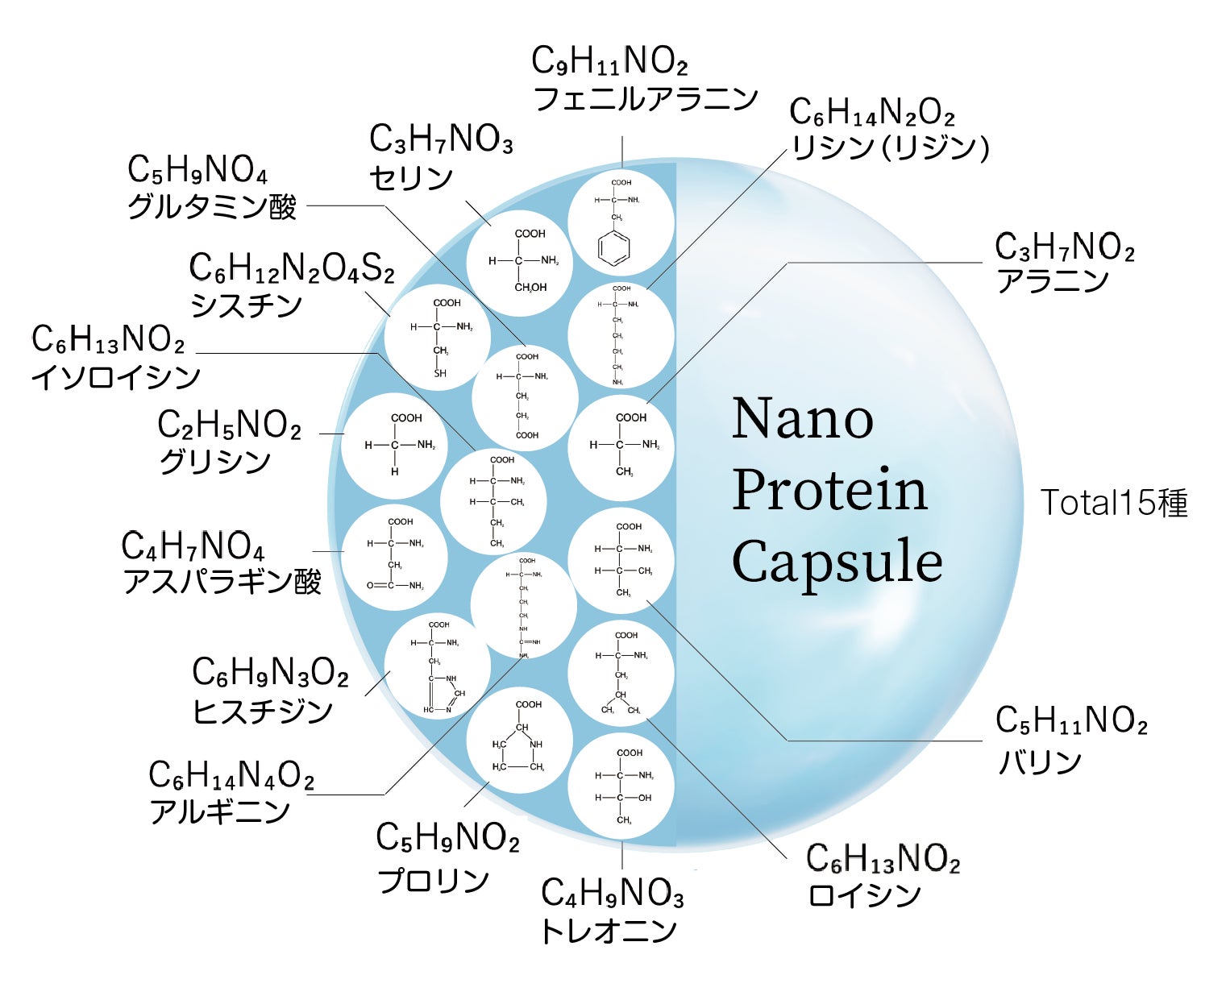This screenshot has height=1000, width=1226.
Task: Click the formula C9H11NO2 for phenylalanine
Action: (x=609, y=61)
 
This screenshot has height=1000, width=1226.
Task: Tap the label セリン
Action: (x=411, y=178)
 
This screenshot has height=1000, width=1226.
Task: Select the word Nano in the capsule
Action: (x=802, y=419)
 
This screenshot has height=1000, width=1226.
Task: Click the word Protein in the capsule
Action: (x=829, y=490)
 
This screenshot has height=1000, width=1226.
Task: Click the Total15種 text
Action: (x=1113, y=503)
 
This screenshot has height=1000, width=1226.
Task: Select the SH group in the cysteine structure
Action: (x=440, y=374)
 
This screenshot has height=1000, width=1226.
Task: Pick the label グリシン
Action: (x=214, y=462)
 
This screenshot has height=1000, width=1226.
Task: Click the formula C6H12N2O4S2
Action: (x=292, y=268)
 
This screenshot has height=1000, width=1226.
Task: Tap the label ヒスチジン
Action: (x=263, y=711)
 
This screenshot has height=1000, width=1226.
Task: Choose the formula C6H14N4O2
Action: (x=231, y=776)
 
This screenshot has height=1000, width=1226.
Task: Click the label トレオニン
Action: (x=609, y=931)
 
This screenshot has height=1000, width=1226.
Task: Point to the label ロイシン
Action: (x=864, y=895)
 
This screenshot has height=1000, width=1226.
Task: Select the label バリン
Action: (x=1040, y=761)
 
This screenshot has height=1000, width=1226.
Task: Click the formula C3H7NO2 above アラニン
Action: (x=1065, y=247)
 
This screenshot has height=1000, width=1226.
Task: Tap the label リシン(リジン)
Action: (x=890, y=148)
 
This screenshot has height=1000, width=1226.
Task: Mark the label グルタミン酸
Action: (x=212, y=207)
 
